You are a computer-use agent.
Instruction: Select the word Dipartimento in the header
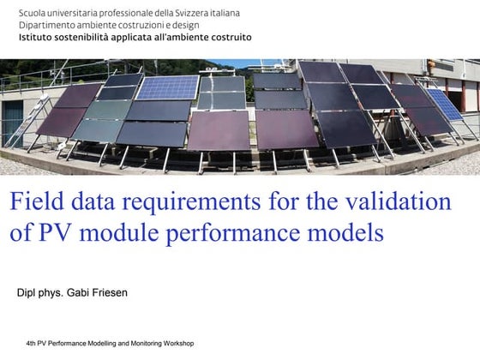(x=48, y=27)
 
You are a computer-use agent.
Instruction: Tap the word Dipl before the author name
(x=26, y=292)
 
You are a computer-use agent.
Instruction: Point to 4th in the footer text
(x=32, y=343)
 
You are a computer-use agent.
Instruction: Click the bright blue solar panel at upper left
(x=169, y=87)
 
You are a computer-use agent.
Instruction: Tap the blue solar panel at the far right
(x=445, y=104)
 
